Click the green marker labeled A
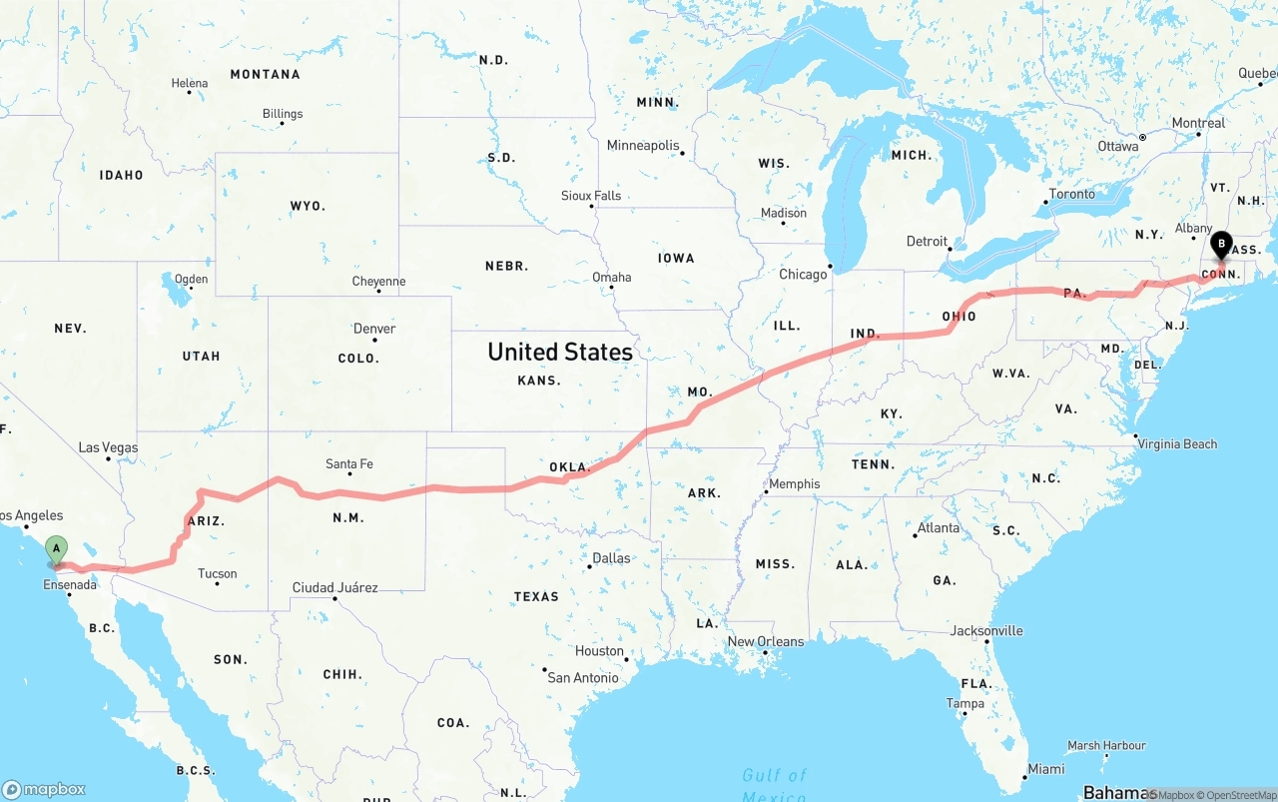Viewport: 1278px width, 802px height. [x=57, y=548]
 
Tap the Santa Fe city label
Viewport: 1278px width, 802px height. [x=349, y=463]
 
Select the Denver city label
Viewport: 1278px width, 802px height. [x=374, y=329]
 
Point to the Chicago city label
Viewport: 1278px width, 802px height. [x=803, y=274]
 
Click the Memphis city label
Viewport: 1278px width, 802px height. [x=795, y=484]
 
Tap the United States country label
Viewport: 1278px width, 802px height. [x=560, y=352]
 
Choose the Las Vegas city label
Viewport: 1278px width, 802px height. [x=108, y=447]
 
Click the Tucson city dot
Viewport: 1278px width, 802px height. [x=218, y=583]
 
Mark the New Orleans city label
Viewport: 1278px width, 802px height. [x=766, y=641]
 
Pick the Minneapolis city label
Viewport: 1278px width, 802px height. [x=643, y=146]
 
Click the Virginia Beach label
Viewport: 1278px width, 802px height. [x=1178, y=443]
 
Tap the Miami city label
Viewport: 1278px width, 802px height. [x=1046, y=769]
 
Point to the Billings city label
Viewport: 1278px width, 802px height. [x=283, y=114]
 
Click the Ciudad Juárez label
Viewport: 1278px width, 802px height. [x=334, y=587]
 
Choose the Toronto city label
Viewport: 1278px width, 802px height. [x=1072, y=194]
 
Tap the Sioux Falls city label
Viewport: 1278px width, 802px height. [x=591, y=196]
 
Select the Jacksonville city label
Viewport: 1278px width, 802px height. [x=986, y=630]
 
